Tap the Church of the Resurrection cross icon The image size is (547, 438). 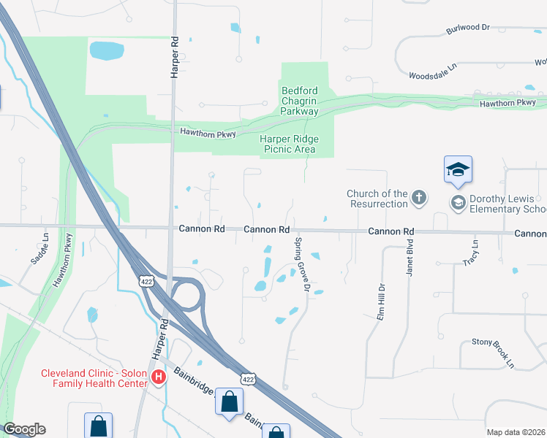click(418, 196)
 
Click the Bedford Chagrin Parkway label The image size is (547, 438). click(300, 101)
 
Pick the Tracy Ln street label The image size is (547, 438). click(469, 253)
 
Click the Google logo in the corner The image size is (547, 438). click(25, 429)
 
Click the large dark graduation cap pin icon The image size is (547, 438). click(459, 170)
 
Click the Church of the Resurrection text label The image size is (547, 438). click(377, 199)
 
